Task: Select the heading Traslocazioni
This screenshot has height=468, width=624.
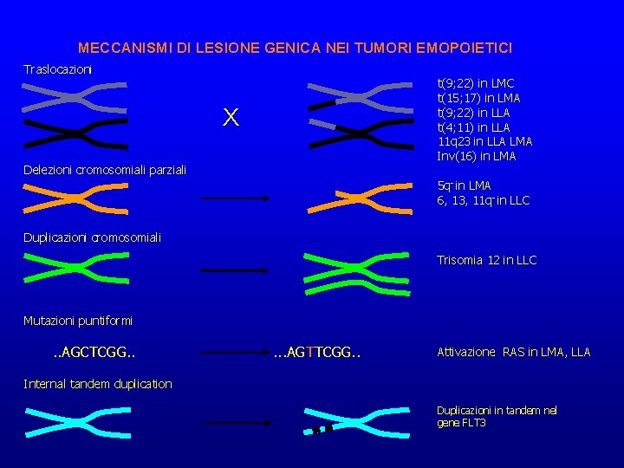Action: click(57, 68)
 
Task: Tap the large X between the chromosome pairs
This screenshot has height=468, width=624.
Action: click(230, 118)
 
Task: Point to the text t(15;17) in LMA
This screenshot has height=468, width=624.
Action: click(479, 98)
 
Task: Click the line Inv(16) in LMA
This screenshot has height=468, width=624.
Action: click(478, 156)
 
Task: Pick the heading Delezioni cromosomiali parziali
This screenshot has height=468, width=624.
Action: click(105, 169)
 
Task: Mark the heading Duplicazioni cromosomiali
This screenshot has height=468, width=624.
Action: click(92, 237)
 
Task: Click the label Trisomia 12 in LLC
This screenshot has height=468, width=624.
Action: click(486, 260)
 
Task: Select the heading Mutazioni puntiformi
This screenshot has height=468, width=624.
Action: click(78, 321)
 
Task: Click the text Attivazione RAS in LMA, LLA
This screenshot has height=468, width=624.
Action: click(513, 352)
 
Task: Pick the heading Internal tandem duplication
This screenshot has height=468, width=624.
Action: click(98, 383)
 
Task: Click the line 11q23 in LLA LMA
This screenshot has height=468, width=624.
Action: click(485, 141)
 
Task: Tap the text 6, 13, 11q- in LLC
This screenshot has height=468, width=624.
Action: click(483, 200)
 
